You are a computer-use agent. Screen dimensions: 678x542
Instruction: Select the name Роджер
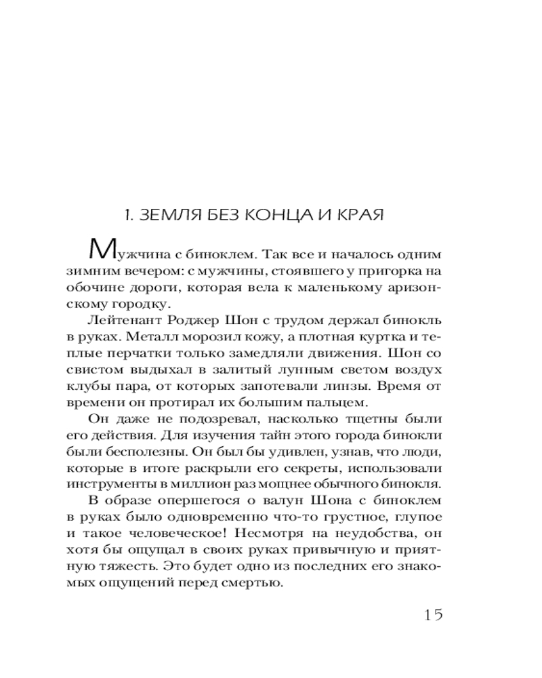point(192,321)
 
